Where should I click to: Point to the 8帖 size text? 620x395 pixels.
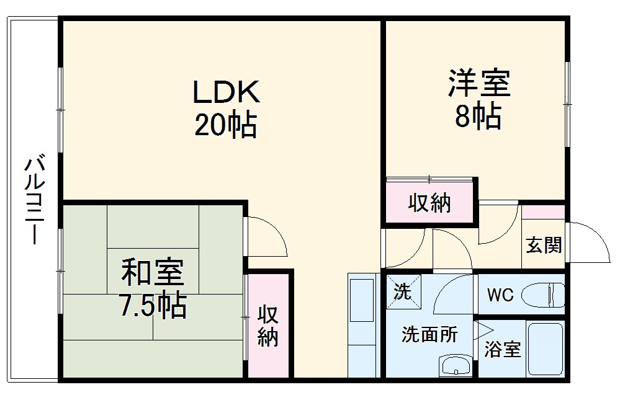coord(478,116)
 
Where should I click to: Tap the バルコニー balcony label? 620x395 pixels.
coord(34,202)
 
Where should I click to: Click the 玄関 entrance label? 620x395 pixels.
coord(544,246)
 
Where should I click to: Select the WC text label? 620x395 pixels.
coord(500,295)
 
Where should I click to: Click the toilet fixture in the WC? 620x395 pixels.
coord(542,295)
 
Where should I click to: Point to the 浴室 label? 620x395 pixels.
coord(502,350)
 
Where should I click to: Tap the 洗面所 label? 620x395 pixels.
coord(429,335)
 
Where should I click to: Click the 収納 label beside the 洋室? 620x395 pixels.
coord(429,203)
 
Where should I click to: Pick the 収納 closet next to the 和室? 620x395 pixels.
coord(268,325)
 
